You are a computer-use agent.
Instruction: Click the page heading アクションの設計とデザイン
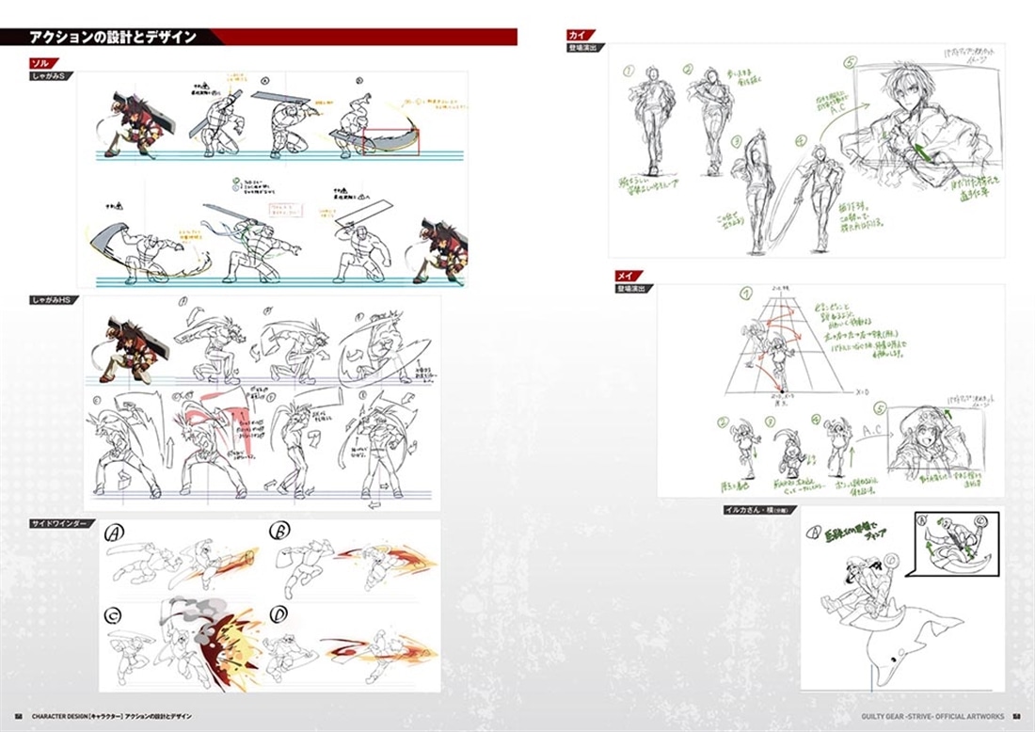(112, 38)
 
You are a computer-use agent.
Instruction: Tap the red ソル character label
(41, 63)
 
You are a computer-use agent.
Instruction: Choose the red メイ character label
(623, 276)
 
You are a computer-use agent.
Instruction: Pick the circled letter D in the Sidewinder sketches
(279, 615)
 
